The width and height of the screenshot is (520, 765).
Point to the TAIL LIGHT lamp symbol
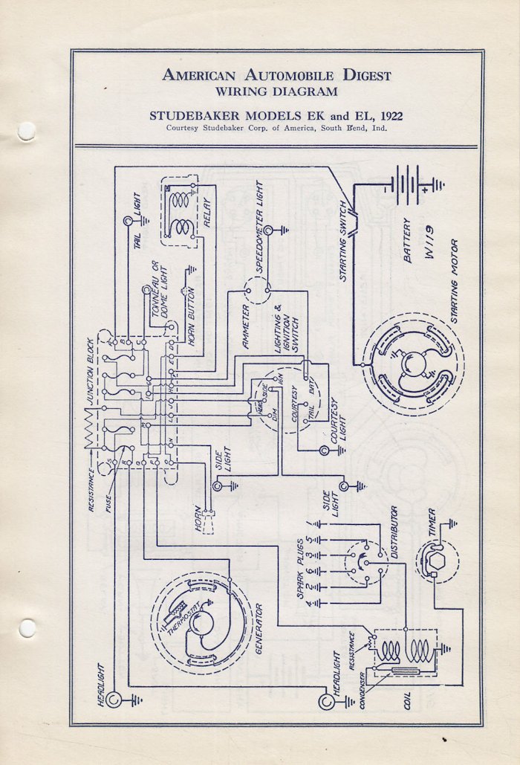[x=128, y=221]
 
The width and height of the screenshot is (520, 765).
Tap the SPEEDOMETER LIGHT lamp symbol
[x=268, y=230]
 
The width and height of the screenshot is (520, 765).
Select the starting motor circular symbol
[x=412, y=364]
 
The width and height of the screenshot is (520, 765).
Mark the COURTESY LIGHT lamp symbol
[x=323, y=451]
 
